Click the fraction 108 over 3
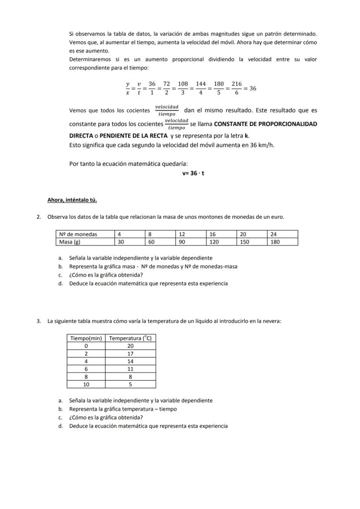tap(183, 88)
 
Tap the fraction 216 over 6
tap(237, 88)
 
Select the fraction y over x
tap(128, 88)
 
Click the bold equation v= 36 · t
tap(193, 173)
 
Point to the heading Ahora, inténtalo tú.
tap(72, 200)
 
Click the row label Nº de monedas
tap(78, 234)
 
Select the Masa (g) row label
tap(70, 242)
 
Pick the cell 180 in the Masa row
tap(275, 242)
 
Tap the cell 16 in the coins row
tap(213, 234)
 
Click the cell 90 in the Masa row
tap(183, 242)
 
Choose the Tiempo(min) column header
tap(86, 338)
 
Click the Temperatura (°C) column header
tap(130, 338)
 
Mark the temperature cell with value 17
tap(130, 354)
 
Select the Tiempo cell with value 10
tap(86, 385)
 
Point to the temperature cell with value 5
tap(130, 385)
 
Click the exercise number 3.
tap(39, 321)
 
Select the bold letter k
tap(247, 136)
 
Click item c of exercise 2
tap(106, 275)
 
